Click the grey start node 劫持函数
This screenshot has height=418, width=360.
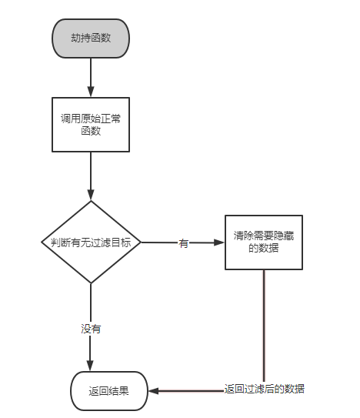tap(91, 38)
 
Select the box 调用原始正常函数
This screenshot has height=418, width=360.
tap(91, 125)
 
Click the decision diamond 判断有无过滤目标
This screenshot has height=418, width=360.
tap(91, 242)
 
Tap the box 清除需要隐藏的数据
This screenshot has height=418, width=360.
tap(264, 242)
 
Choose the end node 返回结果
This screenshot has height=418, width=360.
tap(109, 391)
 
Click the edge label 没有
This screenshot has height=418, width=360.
tap(91, 329)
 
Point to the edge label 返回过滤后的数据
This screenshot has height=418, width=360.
tap(264, 389)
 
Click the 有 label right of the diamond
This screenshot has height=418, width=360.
tap(184, 243)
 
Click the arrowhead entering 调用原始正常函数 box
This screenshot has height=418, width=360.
tap(91, 92)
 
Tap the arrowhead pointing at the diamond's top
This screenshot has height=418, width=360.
tap(91, 195)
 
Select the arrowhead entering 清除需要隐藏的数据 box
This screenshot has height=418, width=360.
tap(219, 242)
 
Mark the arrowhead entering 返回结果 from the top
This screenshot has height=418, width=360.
tap(90, 366)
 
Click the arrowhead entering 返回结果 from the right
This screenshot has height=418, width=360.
tap(154, 391)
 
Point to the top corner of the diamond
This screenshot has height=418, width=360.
tap(91, 201)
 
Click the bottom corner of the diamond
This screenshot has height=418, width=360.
tap(91, 283)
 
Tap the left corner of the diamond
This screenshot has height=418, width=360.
tap(42, 242)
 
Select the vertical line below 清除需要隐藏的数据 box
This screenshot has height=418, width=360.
tap(264, 326)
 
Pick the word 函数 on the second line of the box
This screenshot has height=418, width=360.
tap(91, 131)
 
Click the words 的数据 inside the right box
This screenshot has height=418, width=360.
tap(264, 248)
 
